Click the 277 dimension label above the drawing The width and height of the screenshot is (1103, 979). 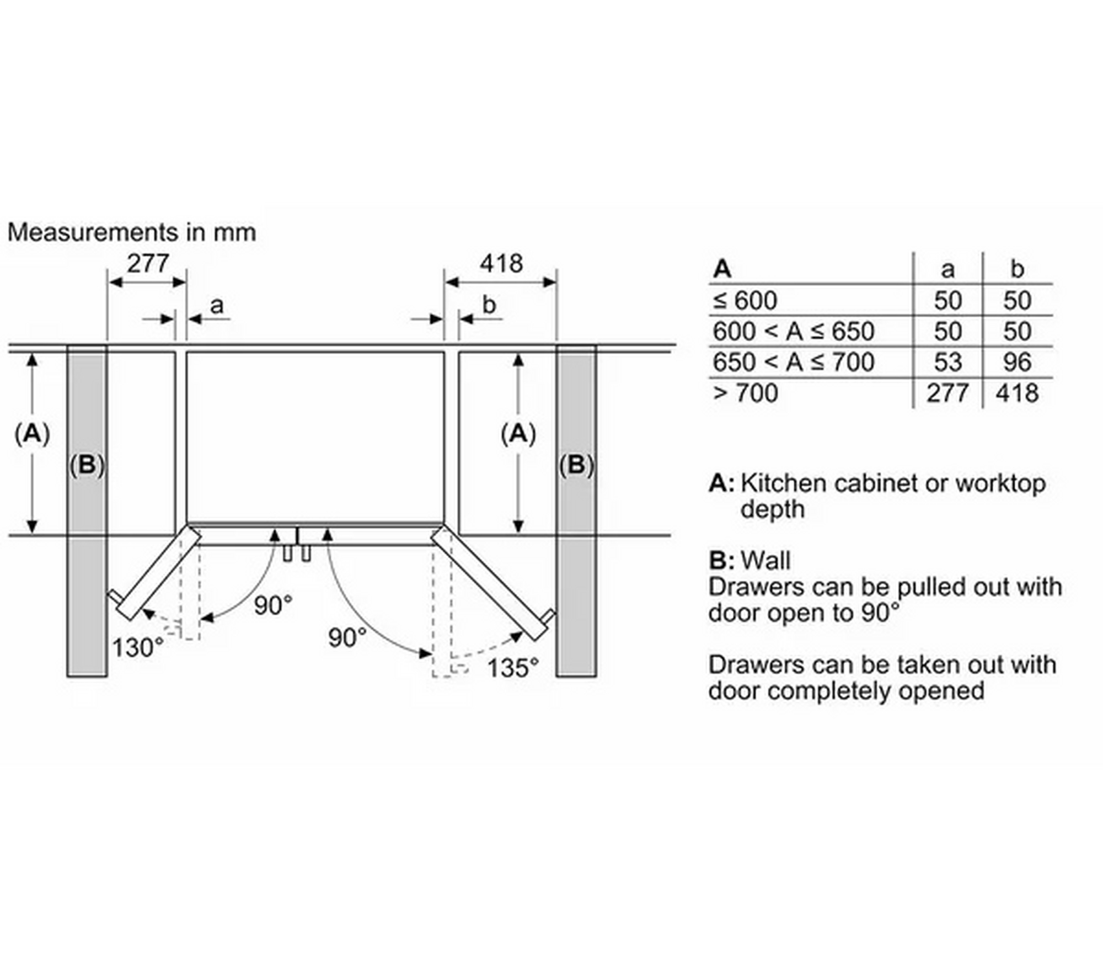click(148, 264)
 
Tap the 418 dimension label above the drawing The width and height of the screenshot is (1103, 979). click(501, 264)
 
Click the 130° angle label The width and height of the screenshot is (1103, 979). click(138, 647)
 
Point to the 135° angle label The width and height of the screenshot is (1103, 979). click(513, 668)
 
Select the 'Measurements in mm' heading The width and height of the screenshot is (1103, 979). click(132, 232)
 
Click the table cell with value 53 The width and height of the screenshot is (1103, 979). click(947, 363)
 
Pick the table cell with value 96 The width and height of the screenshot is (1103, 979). click(1017, 363)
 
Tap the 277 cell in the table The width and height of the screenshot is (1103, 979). click(947, 393)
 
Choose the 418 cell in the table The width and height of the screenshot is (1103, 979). click(1017, 393)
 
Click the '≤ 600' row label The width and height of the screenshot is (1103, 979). click(745, 301)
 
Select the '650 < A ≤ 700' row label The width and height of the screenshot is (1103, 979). click(793, 363)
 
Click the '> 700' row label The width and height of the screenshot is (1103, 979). click(746, 393)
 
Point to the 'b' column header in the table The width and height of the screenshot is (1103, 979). click(1017, 270)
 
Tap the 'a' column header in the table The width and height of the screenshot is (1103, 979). click(947, 270)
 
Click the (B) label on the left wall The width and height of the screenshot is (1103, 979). click(87, 465)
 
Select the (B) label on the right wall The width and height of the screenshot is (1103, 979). click(576, 465)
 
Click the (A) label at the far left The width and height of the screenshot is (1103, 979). click(32, 434)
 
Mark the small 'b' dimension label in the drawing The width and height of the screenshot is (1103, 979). click(489, 305)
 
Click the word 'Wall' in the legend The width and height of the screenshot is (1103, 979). click(765, 561)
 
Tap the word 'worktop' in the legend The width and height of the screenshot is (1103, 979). click(1000, 483)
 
